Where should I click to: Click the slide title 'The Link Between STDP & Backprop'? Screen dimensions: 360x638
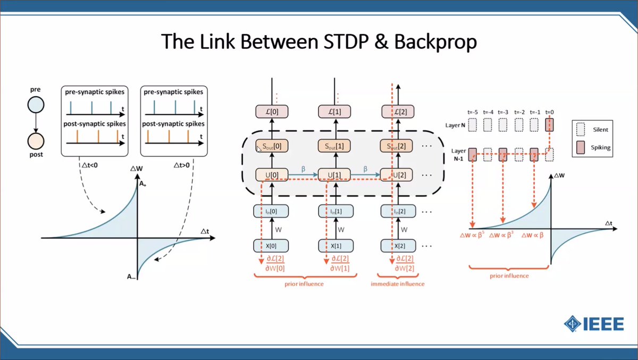[x=319, y=42]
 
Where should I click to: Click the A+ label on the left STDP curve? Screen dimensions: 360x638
[x=142, y=184]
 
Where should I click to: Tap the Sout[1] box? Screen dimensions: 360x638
[x=335, y=146]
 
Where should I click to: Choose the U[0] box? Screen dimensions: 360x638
[x=272, y=175]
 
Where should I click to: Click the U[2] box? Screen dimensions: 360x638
[x=398, y=175]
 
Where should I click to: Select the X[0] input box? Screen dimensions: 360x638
[x=272, y=246]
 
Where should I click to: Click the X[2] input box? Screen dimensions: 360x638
[x=398, y=246]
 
